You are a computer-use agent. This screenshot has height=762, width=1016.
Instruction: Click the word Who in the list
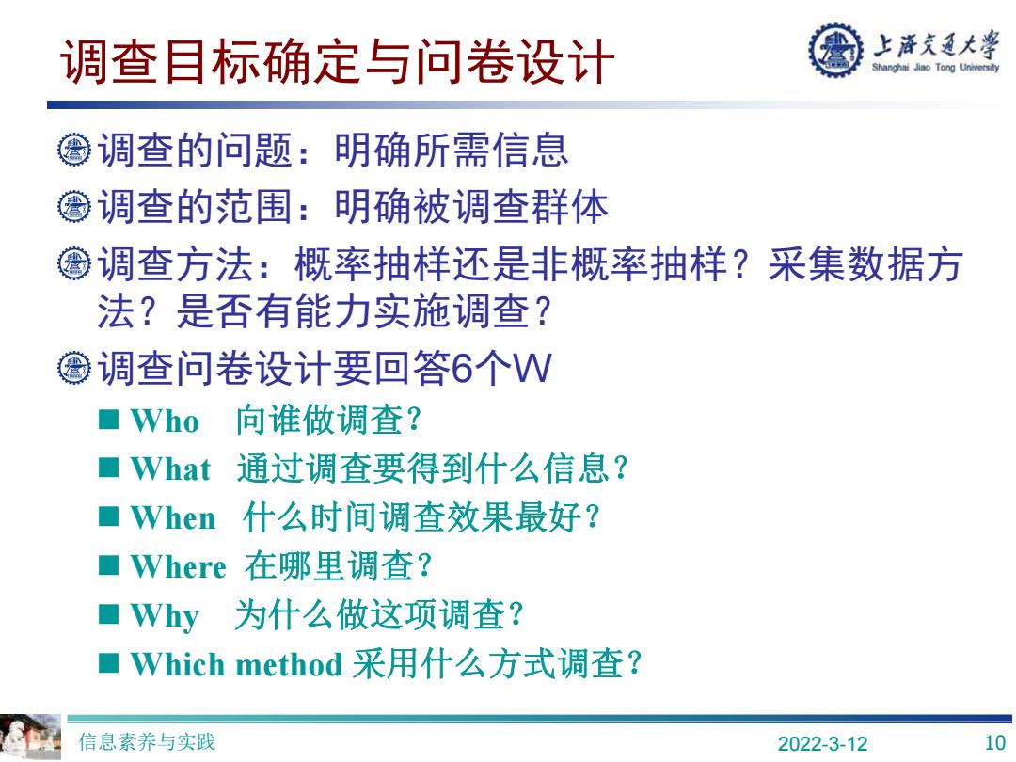tap(165, 421)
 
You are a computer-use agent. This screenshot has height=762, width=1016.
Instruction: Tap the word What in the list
tap(171, 469)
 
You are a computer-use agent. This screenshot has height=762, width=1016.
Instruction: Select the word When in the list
tap(173, 517)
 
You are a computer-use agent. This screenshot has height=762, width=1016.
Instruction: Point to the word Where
tap(178, 566)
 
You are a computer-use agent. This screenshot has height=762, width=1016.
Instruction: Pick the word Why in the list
tap(165, 616)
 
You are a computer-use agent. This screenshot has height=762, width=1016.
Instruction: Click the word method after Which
tap(289, 664)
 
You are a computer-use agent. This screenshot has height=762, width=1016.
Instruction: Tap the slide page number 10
tap(994, 742)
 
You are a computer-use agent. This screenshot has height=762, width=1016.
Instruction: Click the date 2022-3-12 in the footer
tap(822, 743)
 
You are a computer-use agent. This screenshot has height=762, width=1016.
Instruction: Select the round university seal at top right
tap(836, 49)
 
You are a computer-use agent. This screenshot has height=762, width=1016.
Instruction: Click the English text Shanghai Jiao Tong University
tap(936, 67)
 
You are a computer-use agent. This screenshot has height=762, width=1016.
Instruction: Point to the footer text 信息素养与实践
tap(147, 742)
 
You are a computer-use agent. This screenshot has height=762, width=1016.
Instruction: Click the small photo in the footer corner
tap(30, 738)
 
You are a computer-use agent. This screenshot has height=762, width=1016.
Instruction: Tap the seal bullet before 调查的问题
tap(74, 150)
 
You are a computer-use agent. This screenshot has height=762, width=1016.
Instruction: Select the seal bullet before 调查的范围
tap(74, 207)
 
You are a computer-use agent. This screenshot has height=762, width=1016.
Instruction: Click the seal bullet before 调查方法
tap(74, 263)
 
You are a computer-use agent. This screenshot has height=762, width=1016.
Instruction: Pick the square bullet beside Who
tap(109, 420)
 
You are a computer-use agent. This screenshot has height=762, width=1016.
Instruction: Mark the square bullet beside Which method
tap(109, 663)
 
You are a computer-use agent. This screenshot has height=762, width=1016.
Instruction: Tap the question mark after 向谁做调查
tap(414, 421)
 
